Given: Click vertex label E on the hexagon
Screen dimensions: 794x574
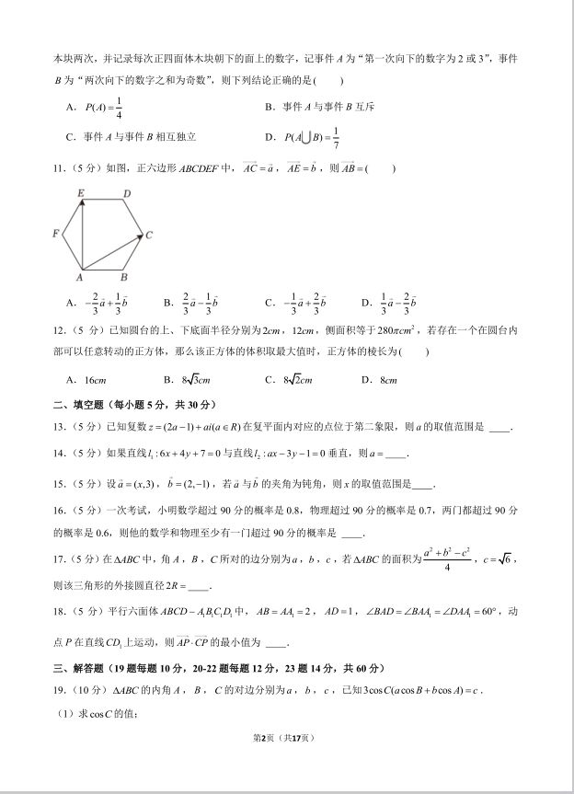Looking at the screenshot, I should click(x=81, y=193).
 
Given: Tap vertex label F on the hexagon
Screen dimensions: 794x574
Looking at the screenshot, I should click(x=56, y=235).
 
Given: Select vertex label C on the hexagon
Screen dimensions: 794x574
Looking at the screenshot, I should click(x=149, y=236).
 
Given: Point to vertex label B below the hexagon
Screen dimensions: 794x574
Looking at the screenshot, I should click(x=124, y=277).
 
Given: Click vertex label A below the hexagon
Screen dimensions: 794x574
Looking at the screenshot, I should click(x=80, y=277).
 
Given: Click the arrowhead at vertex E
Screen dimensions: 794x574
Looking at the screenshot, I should click(x=82, y=202).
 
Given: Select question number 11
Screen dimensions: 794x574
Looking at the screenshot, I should click(x=60, y=168).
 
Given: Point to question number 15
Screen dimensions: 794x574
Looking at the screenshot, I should click(x=60, y=484).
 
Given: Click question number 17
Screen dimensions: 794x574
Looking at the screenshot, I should click(x=60, y=558).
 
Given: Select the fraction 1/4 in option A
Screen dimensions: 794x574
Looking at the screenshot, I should click(x=119, y=108).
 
